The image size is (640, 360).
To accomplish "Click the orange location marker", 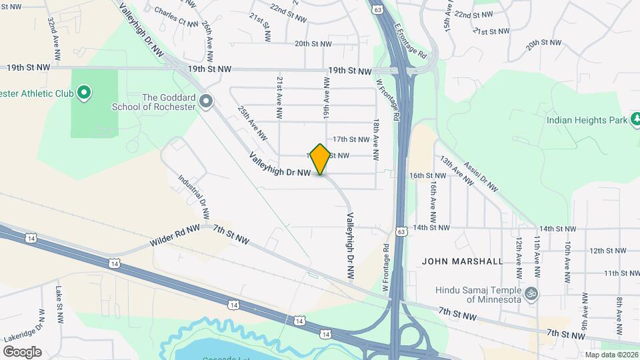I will (x=321, y=159).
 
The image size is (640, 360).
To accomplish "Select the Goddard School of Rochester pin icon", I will (x=206, y=102).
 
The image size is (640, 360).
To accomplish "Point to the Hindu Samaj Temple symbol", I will (x=531, y=293).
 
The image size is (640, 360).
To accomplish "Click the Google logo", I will (x=22, y=351).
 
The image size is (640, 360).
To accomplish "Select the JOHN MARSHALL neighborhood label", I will (x=463, y=261).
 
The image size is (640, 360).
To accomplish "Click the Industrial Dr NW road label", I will (x=194, y=197).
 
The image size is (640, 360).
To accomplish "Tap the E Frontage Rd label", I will (x=409, y=41).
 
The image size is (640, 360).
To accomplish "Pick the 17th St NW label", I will (x=351, y=139).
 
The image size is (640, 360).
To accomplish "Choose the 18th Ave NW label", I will (x=376, y=141).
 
